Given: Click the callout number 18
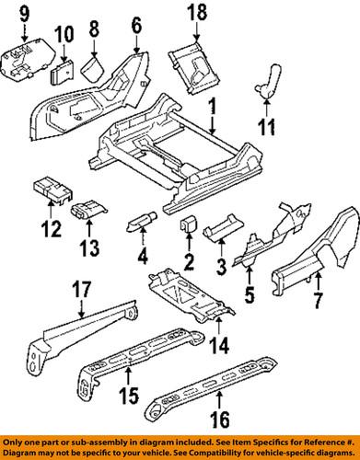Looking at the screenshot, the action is tap(196, 13).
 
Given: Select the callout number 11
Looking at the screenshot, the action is tap(267, 126).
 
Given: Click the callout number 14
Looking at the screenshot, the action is tap(219, 345).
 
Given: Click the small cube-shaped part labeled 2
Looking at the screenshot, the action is tap(188, 225).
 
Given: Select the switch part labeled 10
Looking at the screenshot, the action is tap(62, 73).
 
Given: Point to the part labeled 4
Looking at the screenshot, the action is tap(142, 221).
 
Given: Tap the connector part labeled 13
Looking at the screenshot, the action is tap(88, 210).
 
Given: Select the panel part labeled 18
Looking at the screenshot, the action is tap(194, 66).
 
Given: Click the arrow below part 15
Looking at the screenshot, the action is tap(129, 377).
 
